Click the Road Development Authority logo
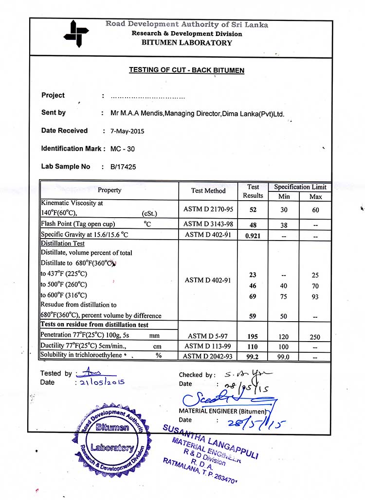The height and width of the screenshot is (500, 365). [x=76, y=34]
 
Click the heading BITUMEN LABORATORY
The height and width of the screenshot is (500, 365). [x=187, y=43]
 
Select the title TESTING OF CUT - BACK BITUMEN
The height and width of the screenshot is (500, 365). [x=186, y=70]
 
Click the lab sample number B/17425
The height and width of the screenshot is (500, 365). [x=123, y=167]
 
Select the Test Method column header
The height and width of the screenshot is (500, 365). [x=208, y=191]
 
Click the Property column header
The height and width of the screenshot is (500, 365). [x=109, y=190]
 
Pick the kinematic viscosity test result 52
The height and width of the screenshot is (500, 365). [x=253, y=210]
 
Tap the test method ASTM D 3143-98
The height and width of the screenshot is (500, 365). [x=208, y=224]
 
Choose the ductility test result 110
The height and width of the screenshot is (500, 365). [x=253, y=346]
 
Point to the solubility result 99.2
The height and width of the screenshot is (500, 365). [x=253, y=356]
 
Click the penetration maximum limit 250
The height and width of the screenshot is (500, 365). [x=315, y=337]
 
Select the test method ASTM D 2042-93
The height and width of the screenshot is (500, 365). [x=208, y=356]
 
